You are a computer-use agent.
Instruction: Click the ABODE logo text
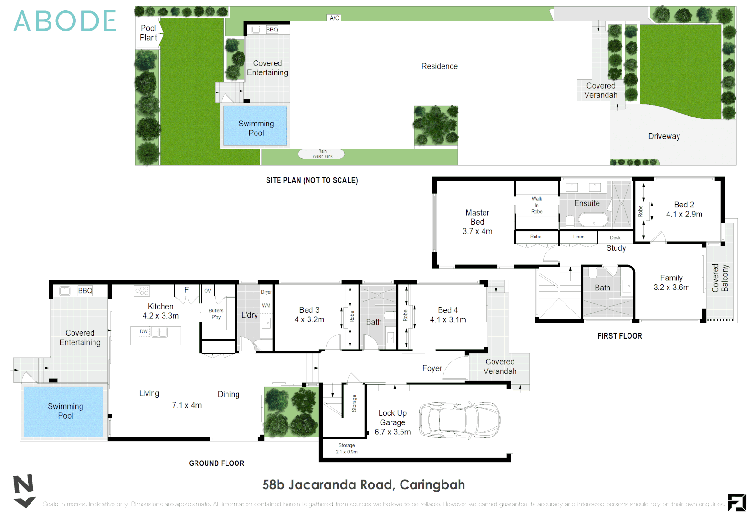tap(65, 21)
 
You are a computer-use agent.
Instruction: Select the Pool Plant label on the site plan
tap(148, 33)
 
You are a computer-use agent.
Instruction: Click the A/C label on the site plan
tap(334, 18)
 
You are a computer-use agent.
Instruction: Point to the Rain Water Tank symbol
tap(321, 154)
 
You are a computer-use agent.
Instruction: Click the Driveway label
tap(664, 136)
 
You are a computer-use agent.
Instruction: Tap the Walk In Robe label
tap(536, 205)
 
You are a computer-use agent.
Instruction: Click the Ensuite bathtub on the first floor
tap(593, 220)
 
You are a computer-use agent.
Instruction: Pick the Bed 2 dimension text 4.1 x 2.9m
tap(684, 215)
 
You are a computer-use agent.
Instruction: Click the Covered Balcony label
tap(720, 278)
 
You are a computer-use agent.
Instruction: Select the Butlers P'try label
tap(216, 314)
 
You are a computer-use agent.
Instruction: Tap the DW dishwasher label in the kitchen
tap(144, 331)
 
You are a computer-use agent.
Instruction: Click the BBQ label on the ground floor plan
tap(85, 291)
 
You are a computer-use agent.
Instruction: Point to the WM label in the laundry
tap(266, 306)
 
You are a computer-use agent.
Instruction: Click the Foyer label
tap(432, 368)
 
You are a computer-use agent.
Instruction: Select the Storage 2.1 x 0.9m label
tap(347, 449)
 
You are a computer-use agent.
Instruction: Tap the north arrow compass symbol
tap(24, 491)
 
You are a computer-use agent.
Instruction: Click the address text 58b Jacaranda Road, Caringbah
tap(363, 485)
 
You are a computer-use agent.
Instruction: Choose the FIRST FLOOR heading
tap(619, 336)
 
